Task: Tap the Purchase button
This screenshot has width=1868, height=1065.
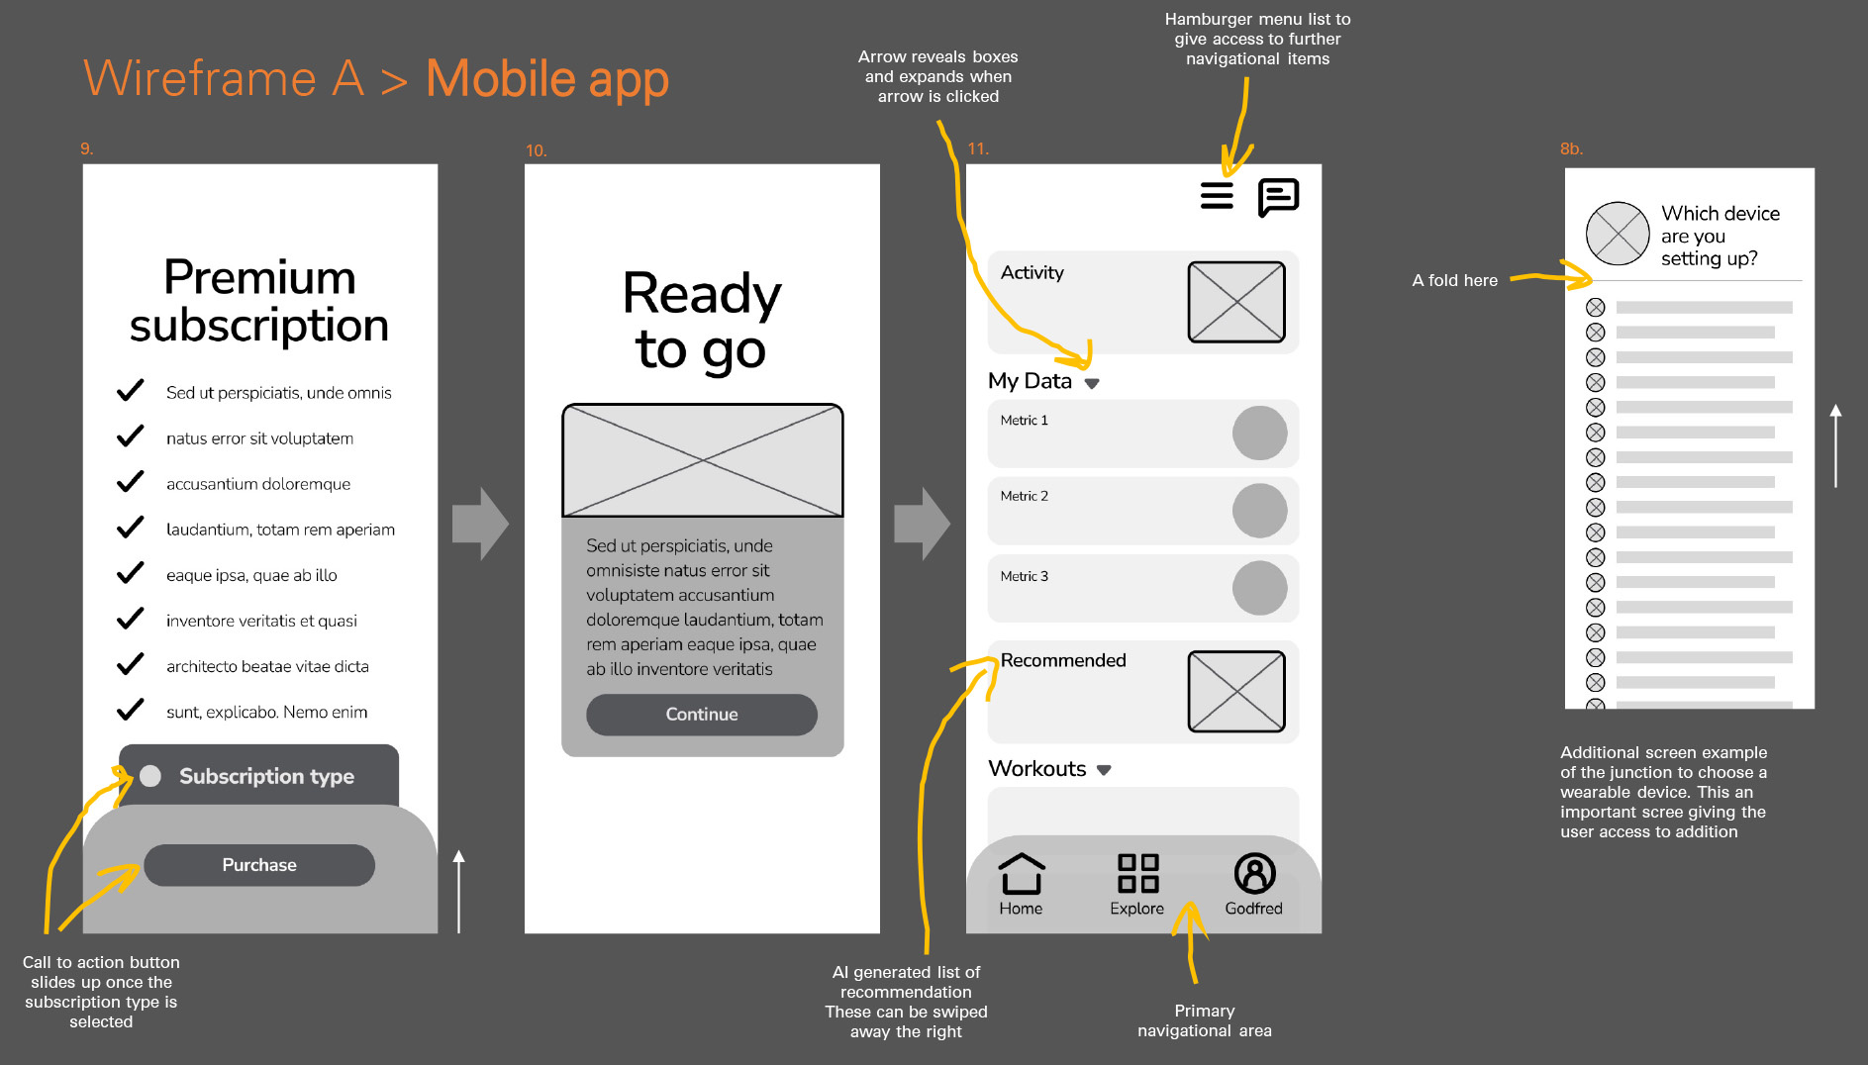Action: (x=259, y=865)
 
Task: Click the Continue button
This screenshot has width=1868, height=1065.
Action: (x=702, y=715)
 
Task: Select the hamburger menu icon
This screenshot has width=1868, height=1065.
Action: (x=1217, y=196)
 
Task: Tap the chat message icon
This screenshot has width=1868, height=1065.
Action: (x=1278, y=198)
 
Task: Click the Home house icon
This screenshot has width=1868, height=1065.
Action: (x=1021, y=874)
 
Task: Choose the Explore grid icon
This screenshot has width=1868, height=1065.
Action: (x=1138, y=874)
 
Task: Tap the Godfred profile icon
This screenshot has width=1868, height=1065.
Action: (x=1254, y=874)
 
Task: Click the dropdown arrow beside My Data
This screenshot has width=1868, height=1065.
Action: (x=1092, y=383)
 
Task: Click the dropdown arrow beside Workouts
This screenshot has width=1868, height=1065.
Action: (x=1104, y=770)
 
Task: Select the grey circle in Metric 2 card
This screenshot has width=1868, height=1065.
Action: (x=1259, y=511)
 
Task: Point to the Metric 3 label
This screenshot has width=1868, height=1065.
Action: (x=1024, y=576)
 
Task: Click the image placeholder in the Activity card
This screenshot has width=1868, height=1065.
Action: (x=1236, y=302)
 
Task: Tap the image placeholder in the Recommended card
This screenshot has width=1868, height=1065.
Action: (x=1236, y=691)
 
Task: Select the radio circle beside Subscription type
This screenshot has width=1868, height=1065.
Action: (x=150, y=776)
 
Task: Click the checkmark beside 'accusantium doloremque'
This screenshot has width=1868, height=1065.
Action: (x=131, y=482)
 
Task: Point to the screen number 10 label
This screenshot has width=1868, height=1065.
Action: (x=536, y=150)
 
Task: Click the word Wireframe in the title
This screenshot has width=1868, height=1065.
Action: (x=200, y=78)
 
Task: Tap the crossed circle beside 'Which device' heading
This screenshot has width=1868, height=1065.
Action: (x=1618, y=234)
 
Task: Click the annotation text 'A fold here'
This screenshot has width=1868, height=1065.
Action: (x=1454, y=280)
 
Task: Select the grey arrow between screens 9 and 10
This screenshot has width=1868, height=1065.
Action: (x=480, y=524)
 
